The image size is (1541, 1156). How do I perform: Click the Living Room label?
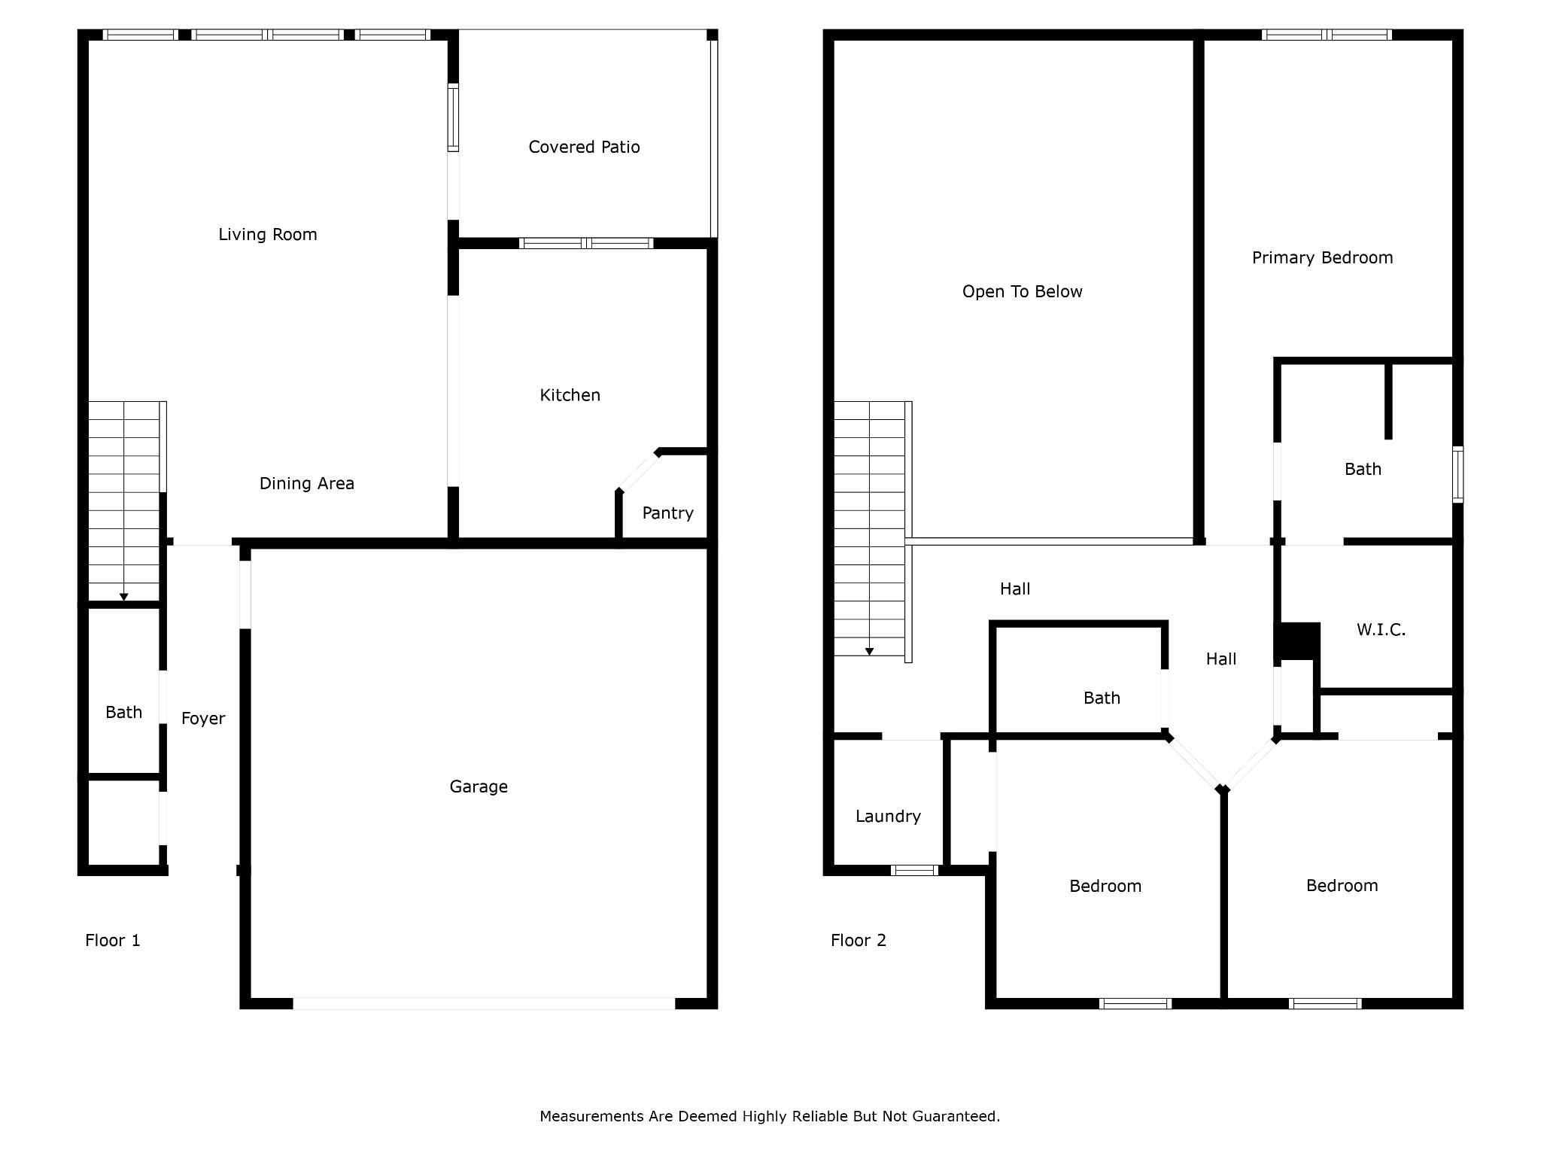(268, 235)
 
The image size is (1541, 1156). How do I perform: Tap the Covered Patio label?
(584, 148)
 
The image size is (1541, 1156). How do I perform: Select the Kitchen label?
(570, 395)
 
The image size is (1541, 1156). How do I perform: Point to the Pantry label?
(667, 513)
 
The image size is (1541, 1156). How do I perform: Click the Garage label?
(479, 787)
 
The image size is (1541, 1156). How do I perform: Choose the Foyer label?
(203, 719)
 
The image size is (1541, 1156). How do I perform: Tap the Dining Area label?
(306, 484)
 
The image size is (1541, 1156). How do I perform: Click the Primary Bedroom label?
(1322, 258)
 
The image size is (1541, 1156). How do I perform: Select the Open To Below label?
(1022, 292)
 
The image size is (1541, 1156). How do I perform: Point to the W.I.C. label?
(1381, 630)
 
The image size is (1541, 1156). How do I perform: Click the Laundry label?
(888, 817)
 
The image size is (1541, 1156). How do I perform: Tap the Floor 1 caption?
(112, 941)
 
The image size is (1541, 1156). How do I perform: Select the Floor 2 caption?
(858, 941)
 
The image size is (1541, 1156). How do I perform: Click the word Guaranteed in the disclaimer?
(956, 1117)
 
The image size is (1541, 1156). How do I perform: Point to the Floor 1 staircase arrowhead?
(123, 598)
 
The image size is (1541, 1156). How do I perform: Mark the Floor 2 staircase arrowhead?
(869, 652)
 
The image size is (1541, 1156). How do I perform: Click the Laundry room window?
(914, 871)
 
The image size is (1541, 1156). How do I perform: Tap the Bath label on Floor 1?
(123, 713)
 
